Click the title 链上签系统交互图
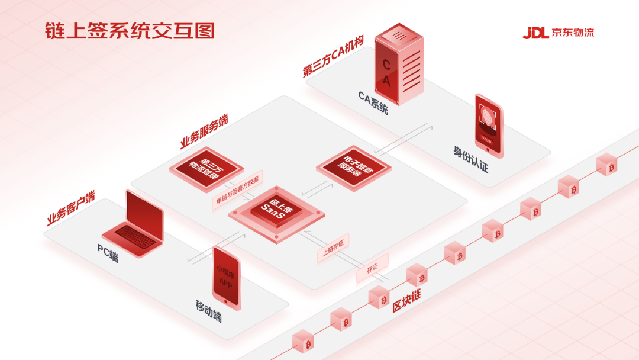[x=129, y=31]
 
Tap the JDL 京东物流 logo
[x=558, y=32]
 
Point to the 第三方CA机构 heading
[x=333, y=56]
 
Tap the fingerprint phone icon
[x=489, y=126]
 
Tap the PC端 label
[x=108, y=253]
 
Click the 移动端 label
[x=208, y=311]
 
